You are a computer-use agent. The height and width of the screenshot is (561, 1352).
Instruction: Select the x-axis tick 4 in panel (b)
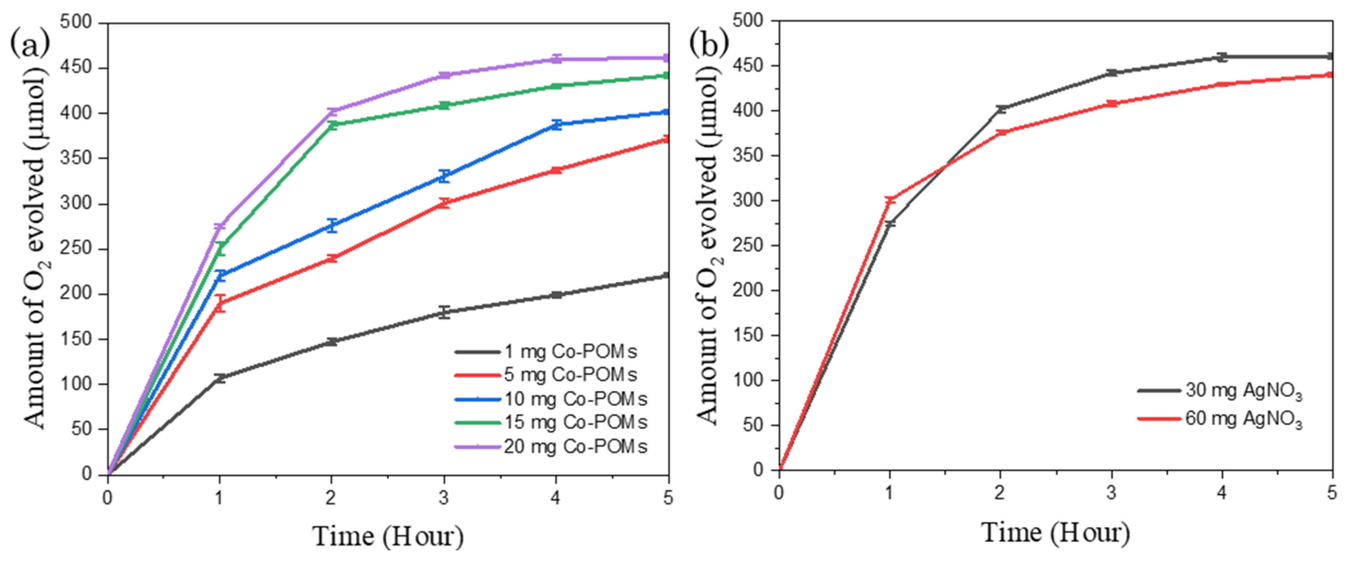coord(1222,493)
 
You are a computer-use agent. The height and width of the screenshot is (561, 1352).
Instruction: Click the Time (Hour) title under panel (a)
coord(389,536)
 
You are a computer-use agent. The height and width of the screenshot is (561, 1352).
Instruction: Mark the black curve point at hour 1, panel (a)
coord(220,378)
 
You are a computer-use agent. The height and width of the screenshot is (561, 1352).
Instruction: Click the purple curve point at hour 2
coord(332,111)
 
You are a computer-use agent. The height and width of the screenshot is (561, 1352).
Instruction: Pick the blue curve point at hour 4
coord(556,125)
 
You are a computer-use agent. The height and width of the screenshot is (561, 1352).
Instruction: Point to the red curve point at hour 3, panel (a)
coord(444,203)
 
